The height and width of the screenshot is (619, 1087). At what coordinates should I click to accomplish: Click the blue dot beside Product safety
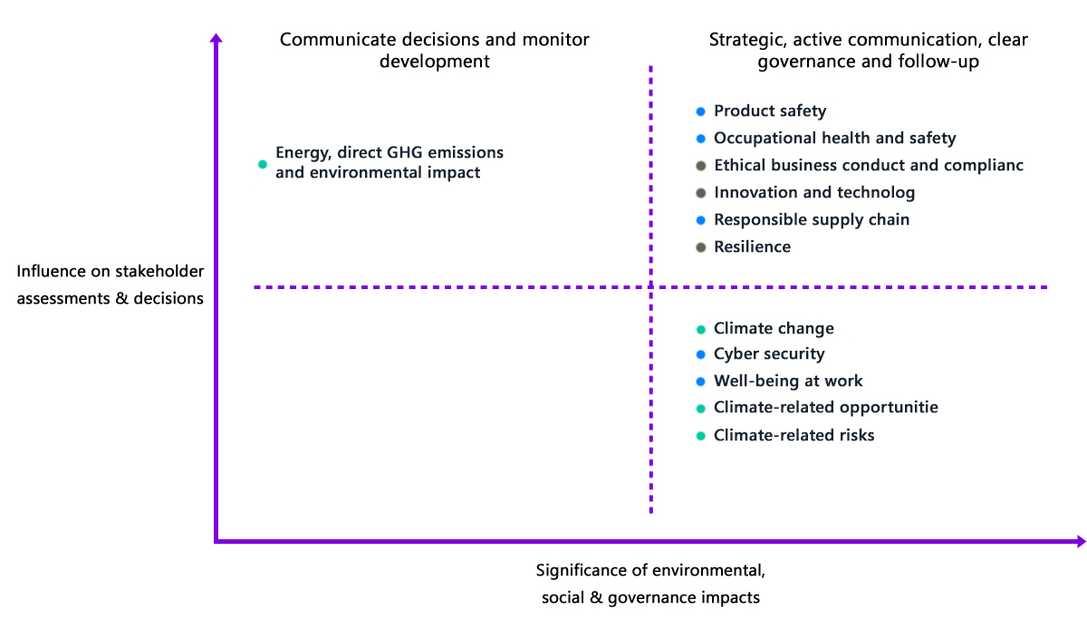point(700,111)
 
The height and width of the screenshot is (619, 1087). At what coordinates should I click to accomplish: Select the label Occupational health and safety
point(834,139)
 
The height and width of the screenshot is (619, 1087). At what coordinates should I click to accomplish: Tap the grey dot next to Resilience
point(700,247)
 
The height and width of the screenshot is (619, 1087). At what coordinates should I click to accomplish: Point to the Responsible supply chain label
point(812,220)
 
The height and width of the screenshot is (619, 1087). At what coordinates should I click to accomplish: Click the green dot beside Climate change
point(700,330)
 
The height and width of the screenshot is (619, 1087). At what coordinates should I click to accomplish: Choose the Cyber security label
point(769,354)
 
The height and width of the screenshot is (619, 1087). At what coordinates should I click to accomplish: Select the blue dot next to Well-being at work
point(700,382)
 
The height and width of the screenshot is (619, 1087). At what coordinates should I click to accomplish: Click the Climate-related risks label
point(794,435)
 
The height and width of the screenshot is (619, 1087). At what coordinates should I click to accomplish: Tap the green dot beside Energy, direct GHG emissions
point(262,165)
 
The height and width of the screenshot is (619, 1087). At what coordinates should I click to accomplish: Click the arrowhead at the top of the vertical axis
point(216,38)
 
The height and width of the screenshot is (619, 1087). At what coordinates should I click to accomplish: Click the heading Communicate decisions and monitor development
point(434,51)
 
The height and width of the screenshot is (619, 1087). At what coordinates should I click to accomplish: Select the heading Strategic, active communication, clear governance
point(868,51)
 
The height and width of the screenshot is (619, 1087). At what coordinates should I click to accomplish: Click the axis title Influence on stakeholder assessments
point(111,285)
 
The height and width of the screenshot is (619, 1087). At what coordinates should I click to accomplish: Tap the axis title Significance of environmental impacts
point(650,584)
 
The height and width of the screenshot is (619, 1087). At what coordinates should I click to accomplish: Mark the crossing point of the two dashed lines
point(650,287)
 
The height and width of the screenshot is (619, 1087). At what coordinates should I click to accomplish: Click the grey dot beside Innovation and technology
point(700,193)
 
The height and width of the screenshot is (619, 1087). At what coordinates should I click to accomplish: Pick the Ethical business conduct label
point(869,166)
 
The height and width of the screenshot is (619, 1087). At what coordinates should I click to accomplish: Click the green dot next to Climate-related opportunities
point(700,409)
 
